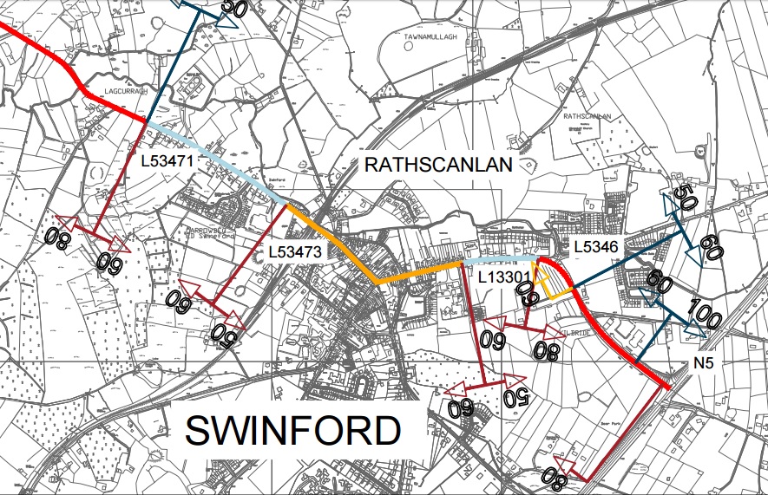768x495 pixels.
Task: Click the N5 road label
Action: [705, 364]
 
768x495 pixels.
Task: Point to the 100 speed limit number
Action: [704, 315]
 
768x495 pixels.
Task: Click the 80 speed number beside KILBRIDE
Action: [547, 350]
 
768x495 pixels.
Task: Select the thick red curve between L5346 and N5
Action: [607, 329]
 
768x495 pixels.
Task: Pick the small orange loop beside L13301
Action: [549, 284]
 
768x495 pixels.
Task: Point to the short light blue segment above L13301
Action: [499, 259]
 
